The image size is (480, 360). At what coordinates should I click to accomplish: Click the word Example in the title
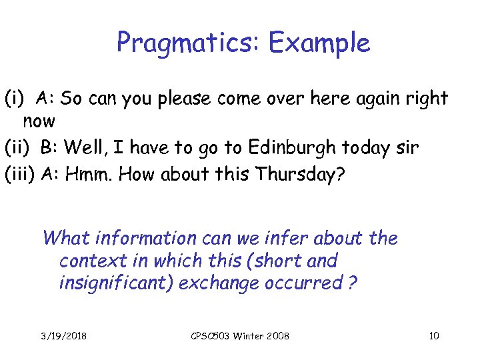point(319,43)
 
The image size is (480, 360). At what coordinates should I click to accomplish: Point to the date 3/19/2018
point(63,335)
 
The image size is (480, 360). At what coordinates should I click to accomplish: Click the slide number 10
point(433,335)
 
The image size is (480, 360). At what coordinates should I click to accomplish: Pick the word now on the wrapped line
point(38,122)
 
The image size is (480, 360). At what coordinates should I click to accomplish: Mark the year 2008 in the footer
point(277,335)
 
